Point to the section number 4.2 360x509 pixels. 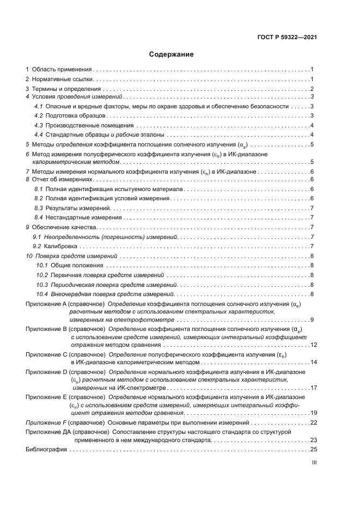pyautogui.click(x=39, y=115)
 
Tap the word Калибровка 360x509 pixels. pyautogui.click(x=63, y=246)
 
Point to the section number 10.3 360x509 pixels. pyautogui.click(x=42, y=285)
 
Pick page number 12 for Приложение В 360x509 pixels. pyautogui.click(x=313, y=345)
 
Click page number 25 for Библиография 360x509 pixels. pyautogui.click(x=313, y=449)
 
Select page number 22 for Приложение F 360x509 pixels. pyautogui.click(x=313, y=422)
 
